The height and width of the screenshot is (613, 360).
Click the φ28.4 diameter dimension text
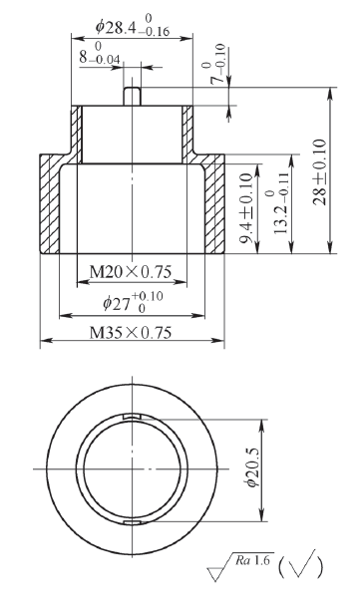(133, 27)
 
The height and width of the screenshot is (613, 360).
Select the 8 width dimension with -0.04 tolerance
(100, 54)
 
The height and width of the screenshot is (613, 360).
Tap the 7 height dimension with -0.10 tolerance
(217, 64)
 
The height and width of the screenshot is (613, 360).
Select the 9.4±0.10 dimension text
(246, 208)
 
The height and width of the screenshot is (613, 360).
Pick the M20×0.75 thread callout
(131, 271)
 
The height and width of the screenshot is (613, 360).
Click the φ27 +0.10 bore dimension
(133, 302)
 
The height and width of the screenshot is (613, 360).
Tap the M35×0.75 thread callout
(131, 332)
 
